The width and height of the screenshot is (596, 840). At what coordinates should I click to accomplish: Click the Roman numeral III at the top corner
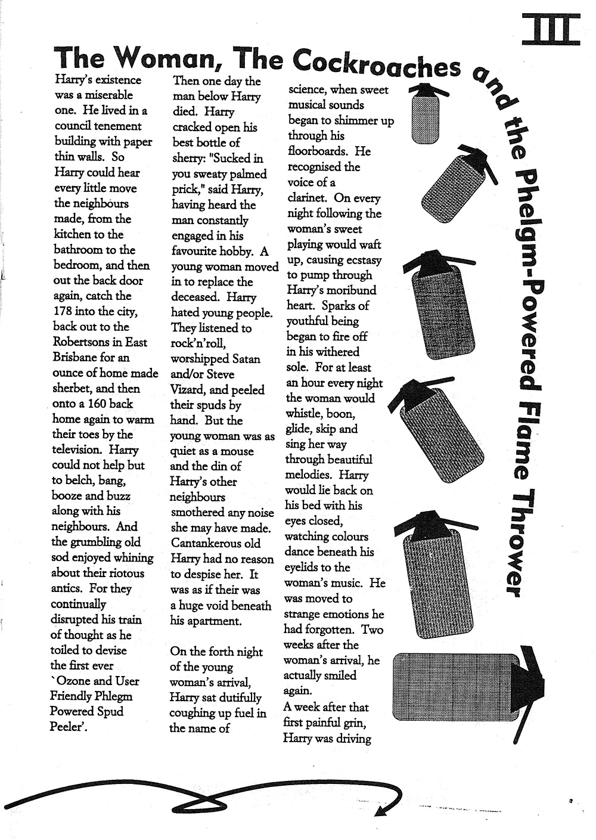[x=551, y=30]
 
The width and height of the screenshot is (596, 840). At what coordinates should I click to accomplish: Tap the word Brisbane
[x=75, y=358]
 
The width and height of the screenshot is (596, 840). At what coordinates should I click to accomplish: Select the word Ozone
[x=73, y=681]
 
